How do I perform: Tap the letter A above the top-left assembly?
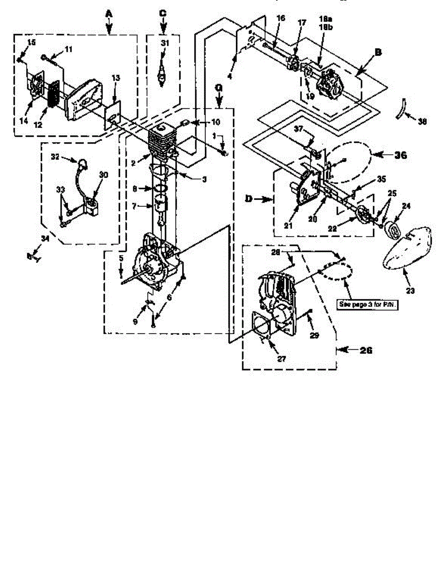click(x=109, y=15)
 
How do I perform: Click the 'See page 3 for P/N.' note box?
click(x=368, y=304)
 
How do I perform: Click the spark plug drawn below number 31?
click(x=163, y=78)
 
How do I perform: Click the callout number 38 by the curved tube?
click(x=422, y=123)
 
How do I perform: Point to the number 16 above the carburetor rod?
click(x=281, y=18)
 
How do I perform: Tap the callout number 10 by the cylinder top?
click(x=202, y=121)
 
